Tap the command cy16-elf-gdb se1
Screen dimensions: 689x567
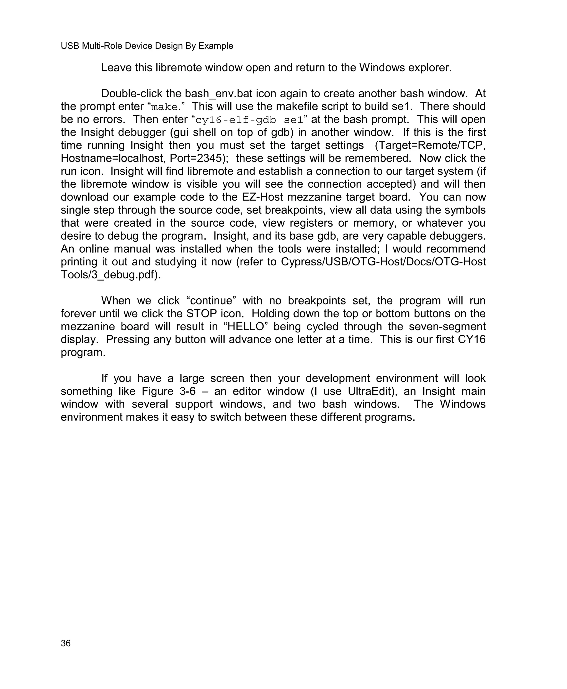249,120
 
